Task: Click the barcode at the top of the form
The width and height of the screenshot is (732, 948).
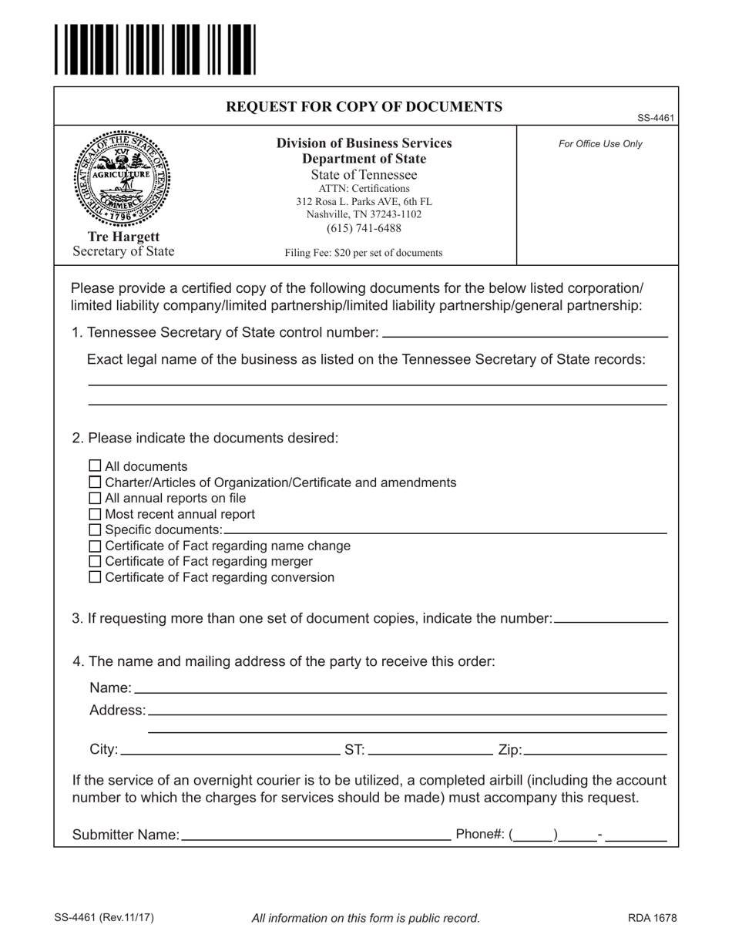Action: [154, 50]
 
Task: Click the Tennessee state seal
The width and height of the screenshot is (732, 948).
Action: [123, 178]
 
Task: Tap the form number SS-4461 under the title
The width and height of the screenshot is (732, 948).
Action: [656, 118]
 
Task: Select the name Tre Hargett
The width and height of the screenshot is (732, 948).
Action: [123, 237]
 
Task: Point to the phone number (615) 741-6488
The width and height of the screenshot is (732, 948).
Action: [364, 228]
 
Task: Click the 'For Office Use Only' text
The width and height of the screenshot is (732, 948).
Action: [600, 143]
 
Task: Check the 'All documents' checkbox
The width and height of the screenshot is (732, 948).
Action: [96, 466]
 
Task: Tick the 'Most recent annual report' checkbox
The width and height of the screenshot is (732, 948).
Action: [96, 513]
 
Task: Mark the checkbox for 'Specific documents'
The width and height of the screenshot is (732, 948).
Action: [96, 529]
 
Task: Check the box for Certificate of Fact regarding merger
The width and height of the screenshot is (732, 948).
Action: [96, 561]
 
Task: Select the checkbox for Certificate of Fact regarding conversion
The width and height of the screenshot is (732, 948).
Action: [96, 577]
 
